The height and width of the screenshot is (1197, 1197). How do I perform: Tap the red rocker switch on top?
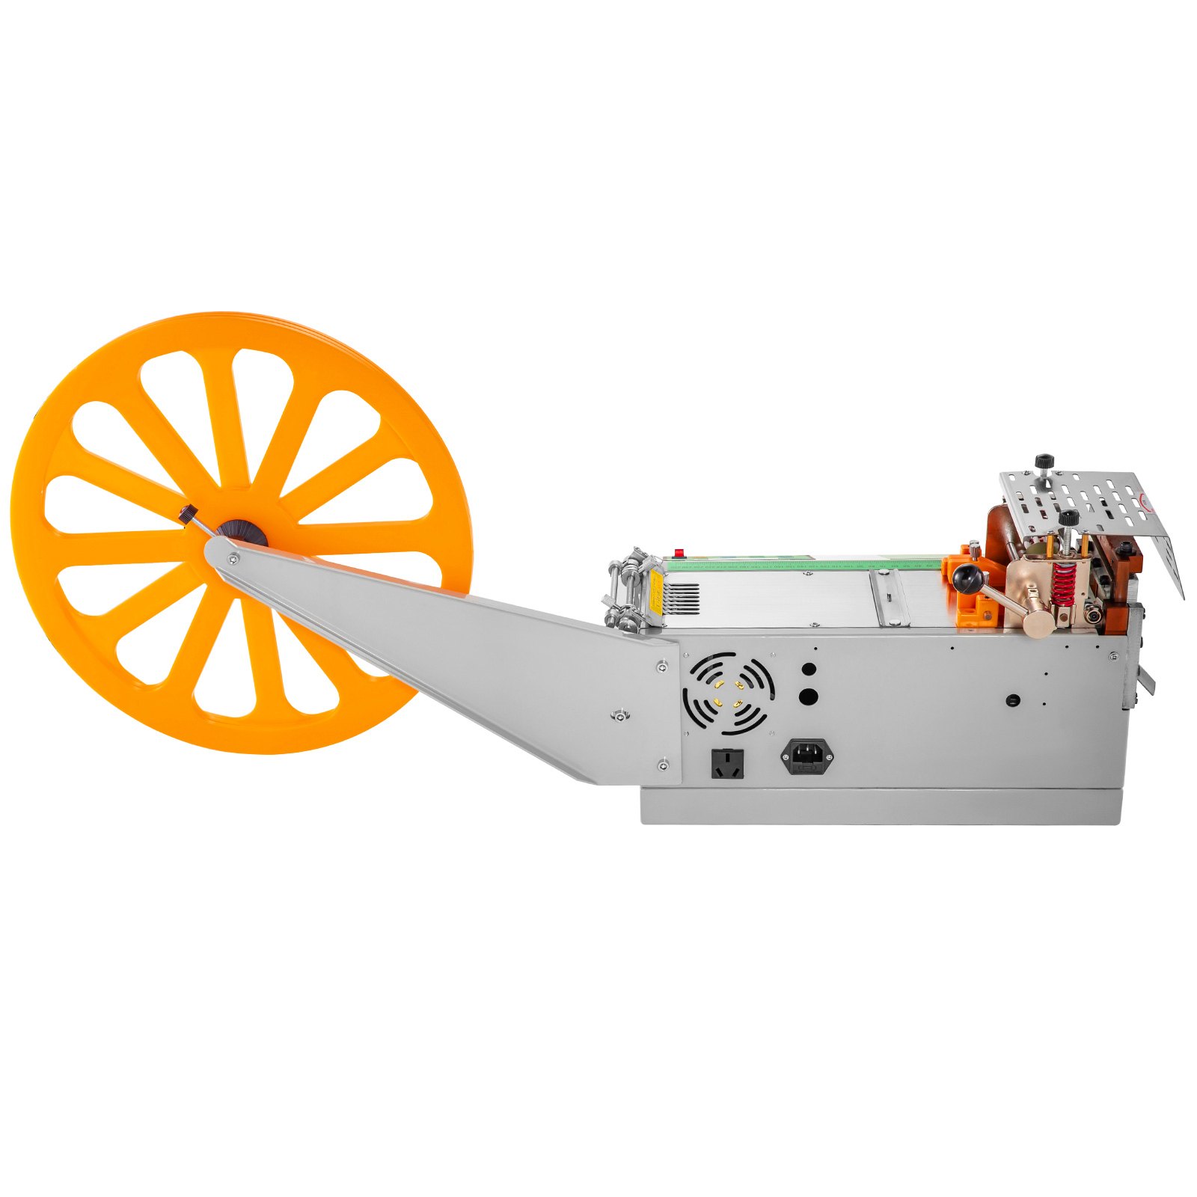pyautogui.click(x=679, y=553)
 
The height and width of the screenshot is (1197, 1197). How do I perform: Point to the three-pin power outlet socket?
pyautogui.click(x=727, y=763)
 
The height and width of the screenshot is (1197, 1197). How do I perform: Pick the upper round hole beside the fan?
pyautogui.click(x=808, y=670)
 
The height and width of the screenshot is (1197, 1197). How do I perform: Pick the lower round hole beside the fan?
pyautogui.click(x=808, y=697)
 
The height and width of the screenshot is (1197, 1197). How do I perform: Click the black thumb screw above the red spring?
pyautogui.click(x=1068, y=517)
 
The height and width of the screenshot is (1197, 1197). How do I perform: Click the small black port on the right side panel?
pyautogui.click(x=1013, y=700)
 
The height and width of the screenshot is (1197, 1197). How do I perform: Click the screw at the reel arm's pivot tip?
pyautogui.click(x=234, y=557)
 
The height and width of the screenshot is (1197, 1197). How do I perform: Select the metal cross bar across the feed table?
pyautogui.click(x=893, y=598)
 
